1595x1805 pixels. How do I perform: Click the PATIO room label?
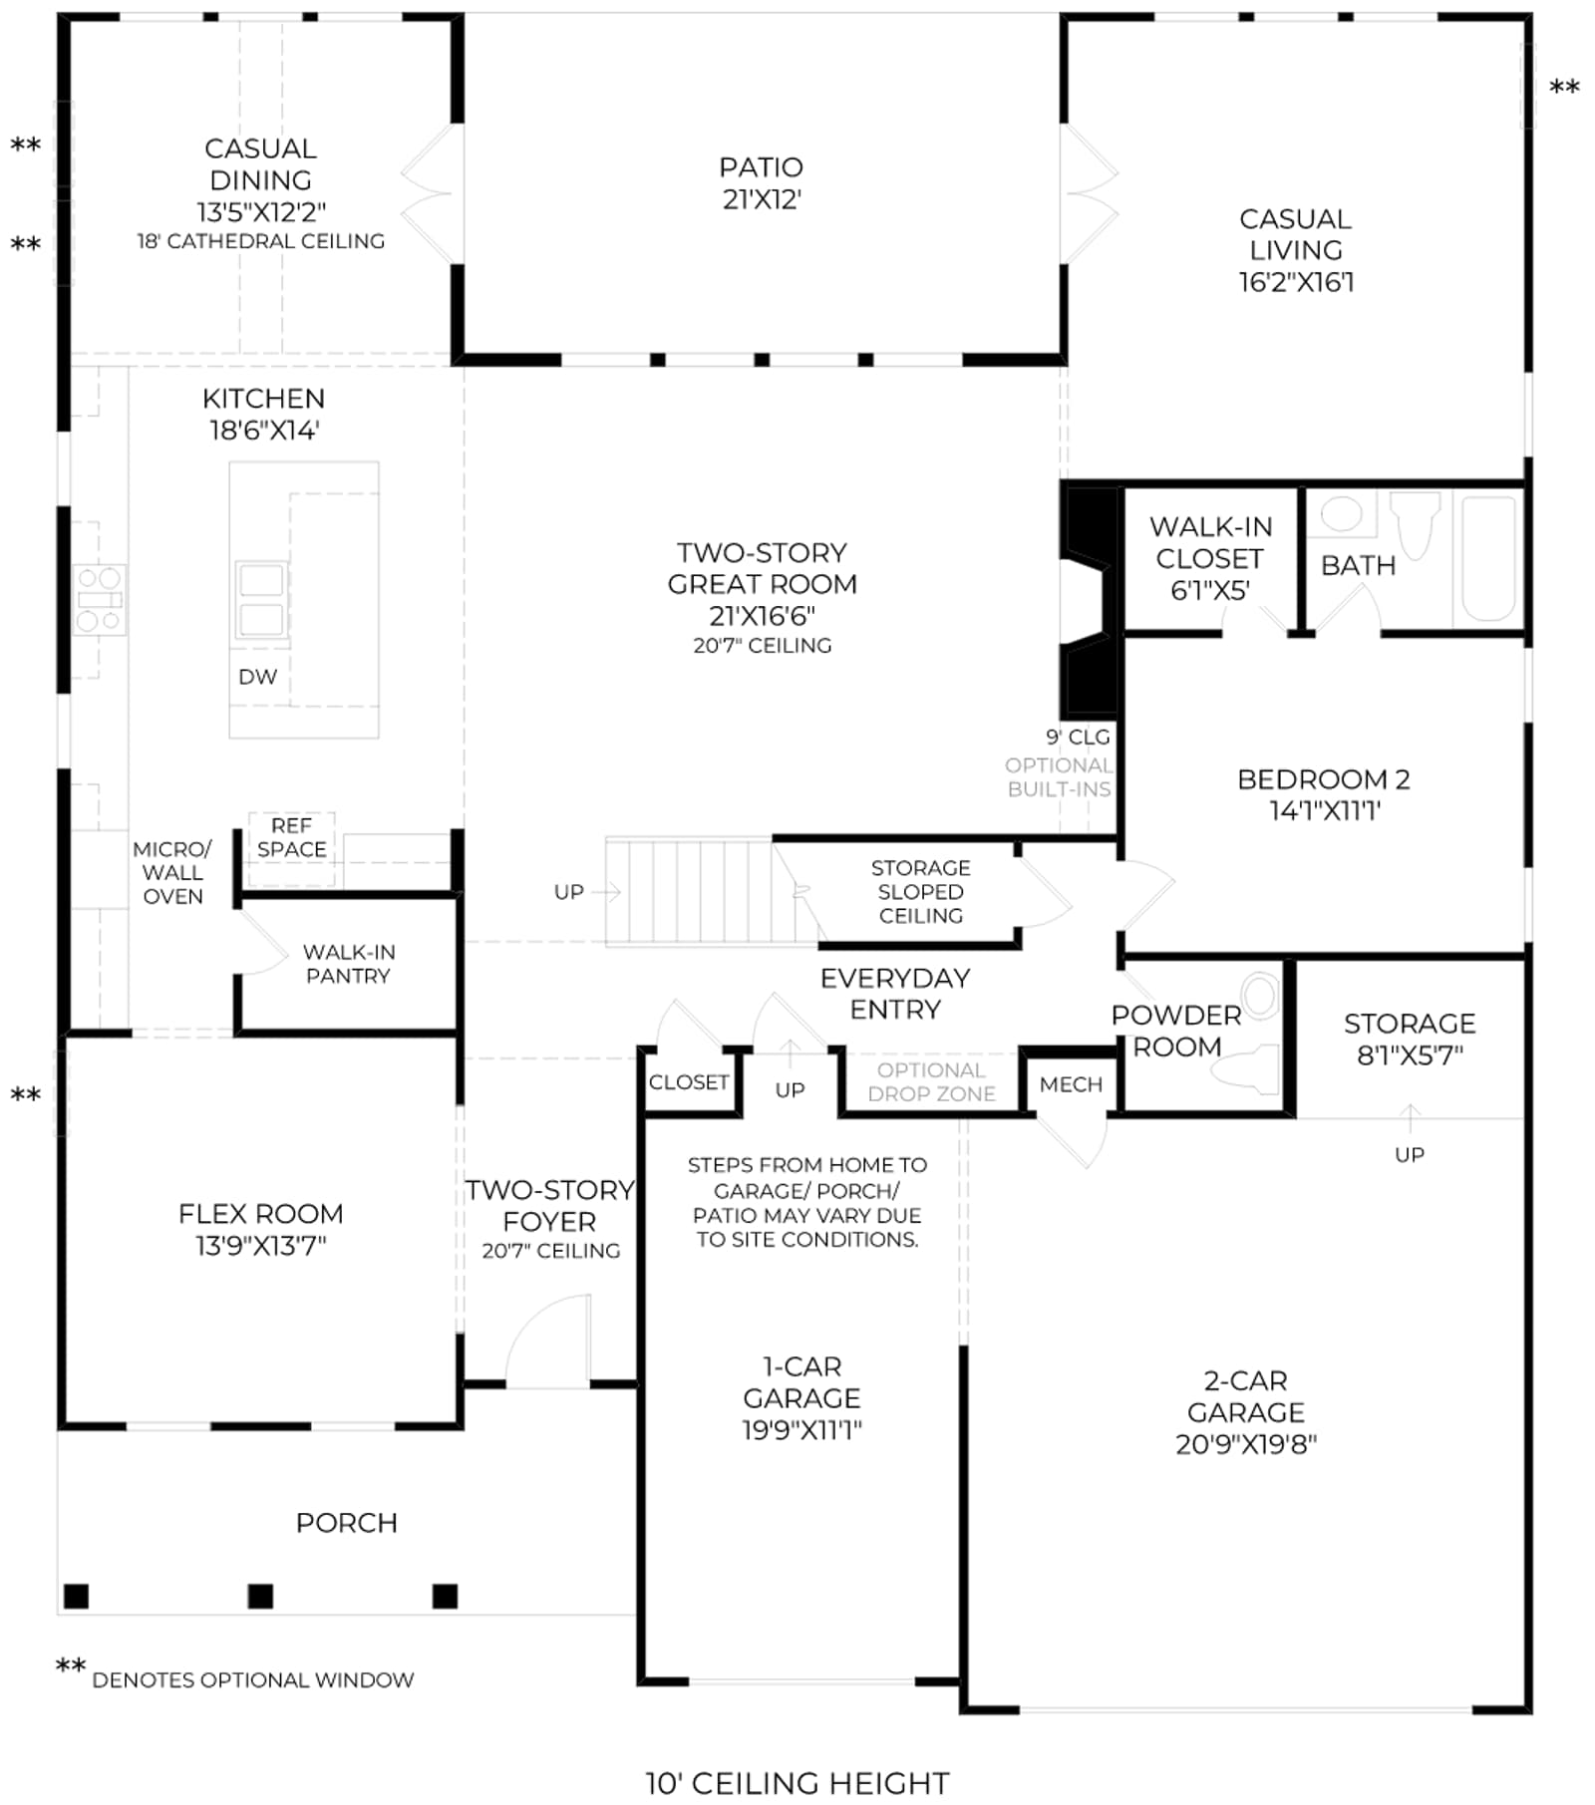click(762, 167)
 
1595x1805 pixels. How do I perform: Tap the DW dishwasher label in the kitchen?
click(257, 677)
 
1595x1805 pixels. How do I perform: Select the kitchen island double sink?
click(261, 600)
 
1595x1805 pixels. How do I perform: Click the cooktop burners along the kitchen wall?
click(100, 599)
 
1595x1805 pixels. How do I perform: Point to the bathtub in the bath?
click(1488, 559)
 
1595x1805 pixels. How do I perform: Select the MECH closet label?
click(1071, 1084)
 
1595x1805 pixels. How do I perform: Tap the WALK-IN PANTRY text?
click(348, 964)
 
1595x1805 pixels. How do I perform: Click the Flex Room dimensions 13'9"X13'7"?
click(261, 1246)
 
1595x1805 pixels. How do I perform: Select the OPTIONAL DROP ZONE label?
click(931, 1082)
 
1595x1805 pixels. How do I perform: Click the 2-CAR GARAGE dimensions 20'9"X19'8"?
click(1246, 1445)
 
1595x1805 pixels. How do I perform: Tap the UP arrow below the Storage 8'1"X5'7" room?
click(1410, 1118)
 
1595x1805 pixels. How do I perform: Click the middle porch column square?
click(260, 1596)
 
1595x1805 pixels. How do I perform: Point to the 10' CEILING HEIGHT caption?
click(797, 1783)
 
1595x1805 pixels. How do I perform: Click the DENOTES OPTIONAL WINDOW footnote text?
click(253, 1680)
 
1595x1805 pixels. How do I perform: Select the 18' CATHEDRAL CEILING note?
click(261, 241)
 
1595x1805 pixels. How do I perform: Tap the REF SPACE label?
click(291, 837)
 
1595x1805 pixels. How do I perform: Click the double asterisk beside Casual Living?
click(1564, 89)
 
